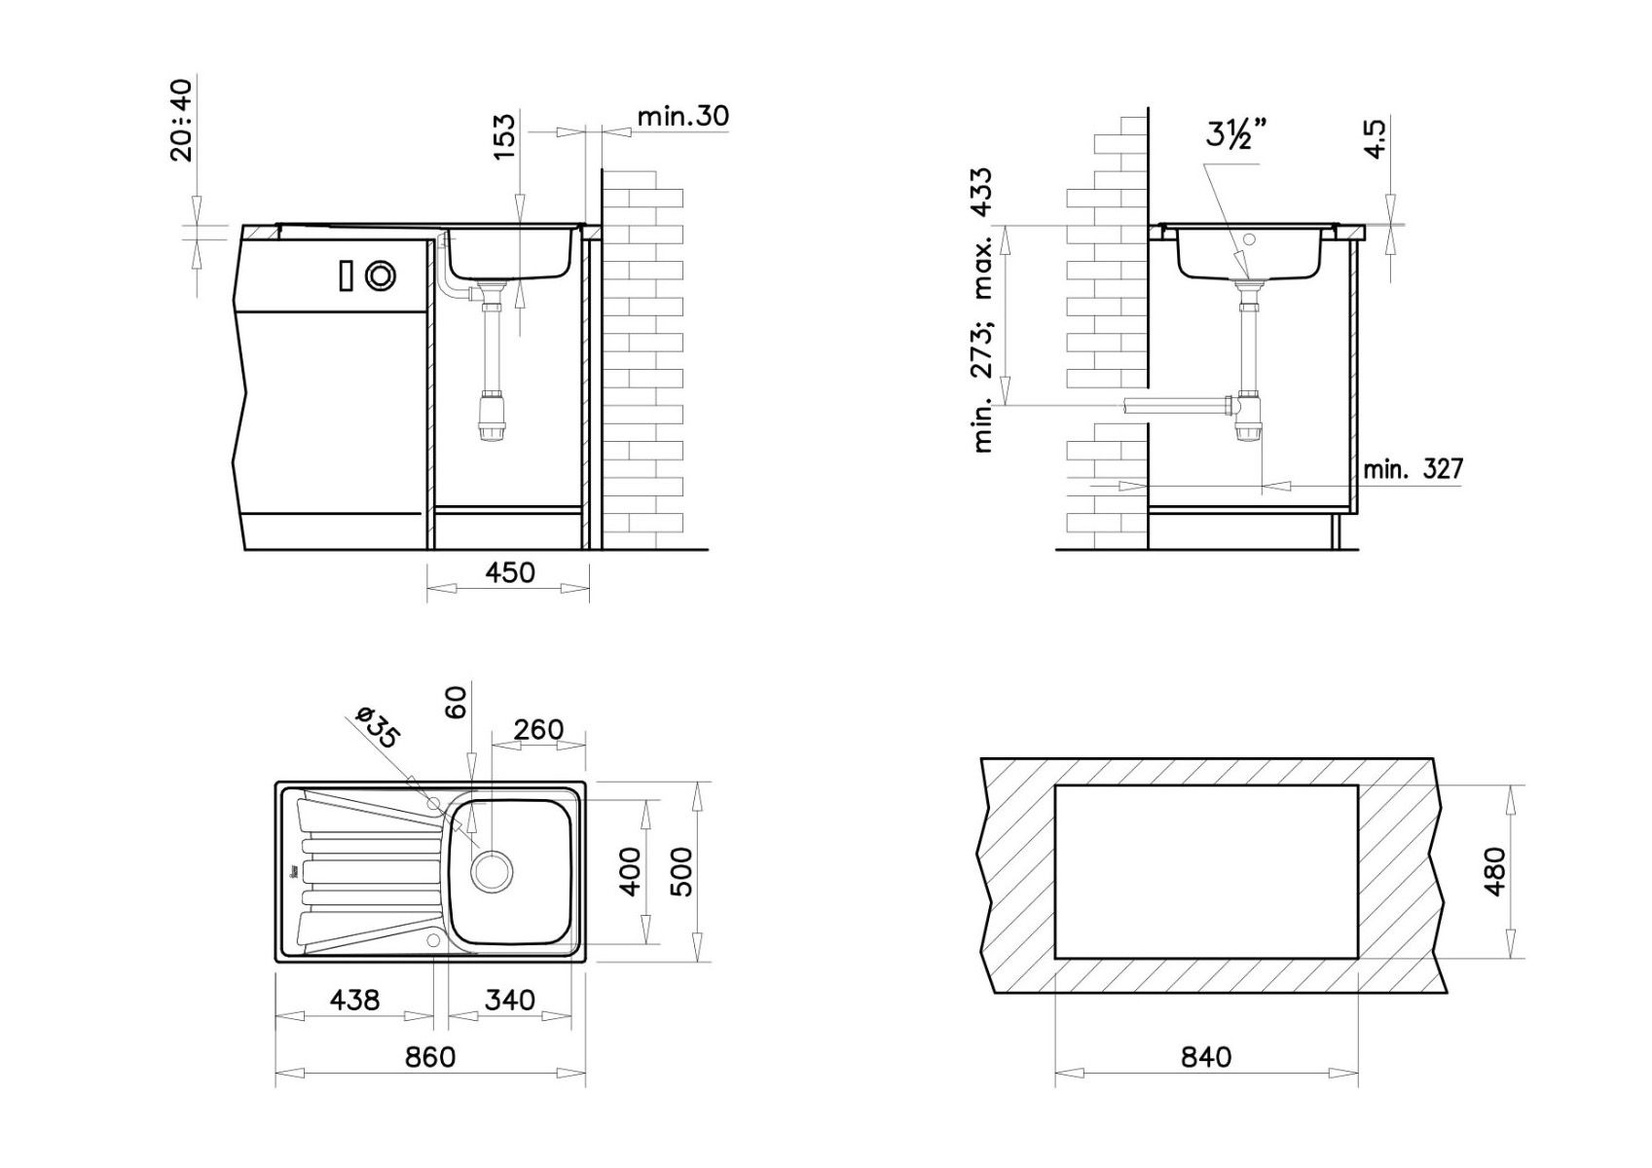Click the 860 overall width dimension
click(x=430, y=1057)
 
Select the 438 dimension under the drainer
click(x=354, y=1000)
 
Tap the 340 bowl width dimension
click(x=509, y=1000)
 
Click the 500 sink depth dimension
click(x=682, y=871)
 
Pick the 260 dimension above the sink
click(x=538, y=729)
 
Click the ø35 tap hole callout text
click(x=378, y=727)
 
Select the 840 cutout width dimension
click(x=1206, y=1057)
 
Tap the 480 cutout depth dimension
click(x=1494, y=871)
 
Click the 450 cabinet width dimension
click(x=509, y=572)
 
